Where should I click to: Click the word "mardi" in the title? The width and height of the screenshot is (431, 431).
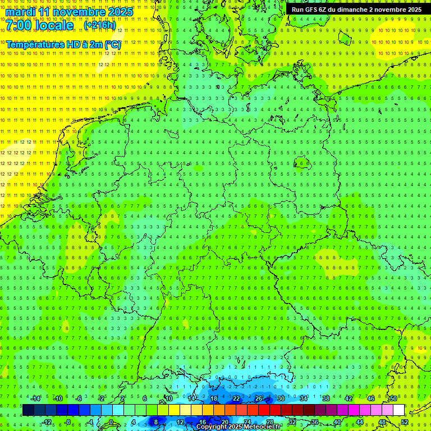coord(21,11)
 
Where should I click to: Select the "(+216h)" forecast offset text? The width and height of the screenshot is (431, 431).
coord(99,26)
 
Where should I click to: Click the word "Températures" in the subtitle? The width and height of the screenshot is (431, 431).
coord(35,44)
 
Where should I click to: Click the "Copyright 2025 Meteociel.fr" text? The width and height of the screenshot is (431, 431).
coord(239,427)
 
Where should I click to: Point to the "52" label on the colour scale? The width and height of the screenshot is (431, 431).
coord(405,422)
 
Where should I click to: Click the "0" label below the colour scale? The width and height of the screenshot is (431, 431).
coord(111,422)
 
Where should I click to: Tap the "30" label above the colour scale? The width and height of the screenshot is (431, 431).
coord(281,398)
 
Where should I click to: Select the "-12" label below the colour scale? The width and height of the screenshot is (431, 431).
coord(47,422)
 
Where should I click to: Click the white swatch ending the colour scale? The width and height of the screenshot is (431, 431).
coord(398,410)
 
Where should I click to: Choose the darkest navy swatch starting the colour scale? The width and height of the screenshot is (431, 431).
coord(28,410)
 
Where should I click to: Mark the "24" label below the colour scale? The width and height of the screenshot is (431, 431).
coord(246,422)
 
